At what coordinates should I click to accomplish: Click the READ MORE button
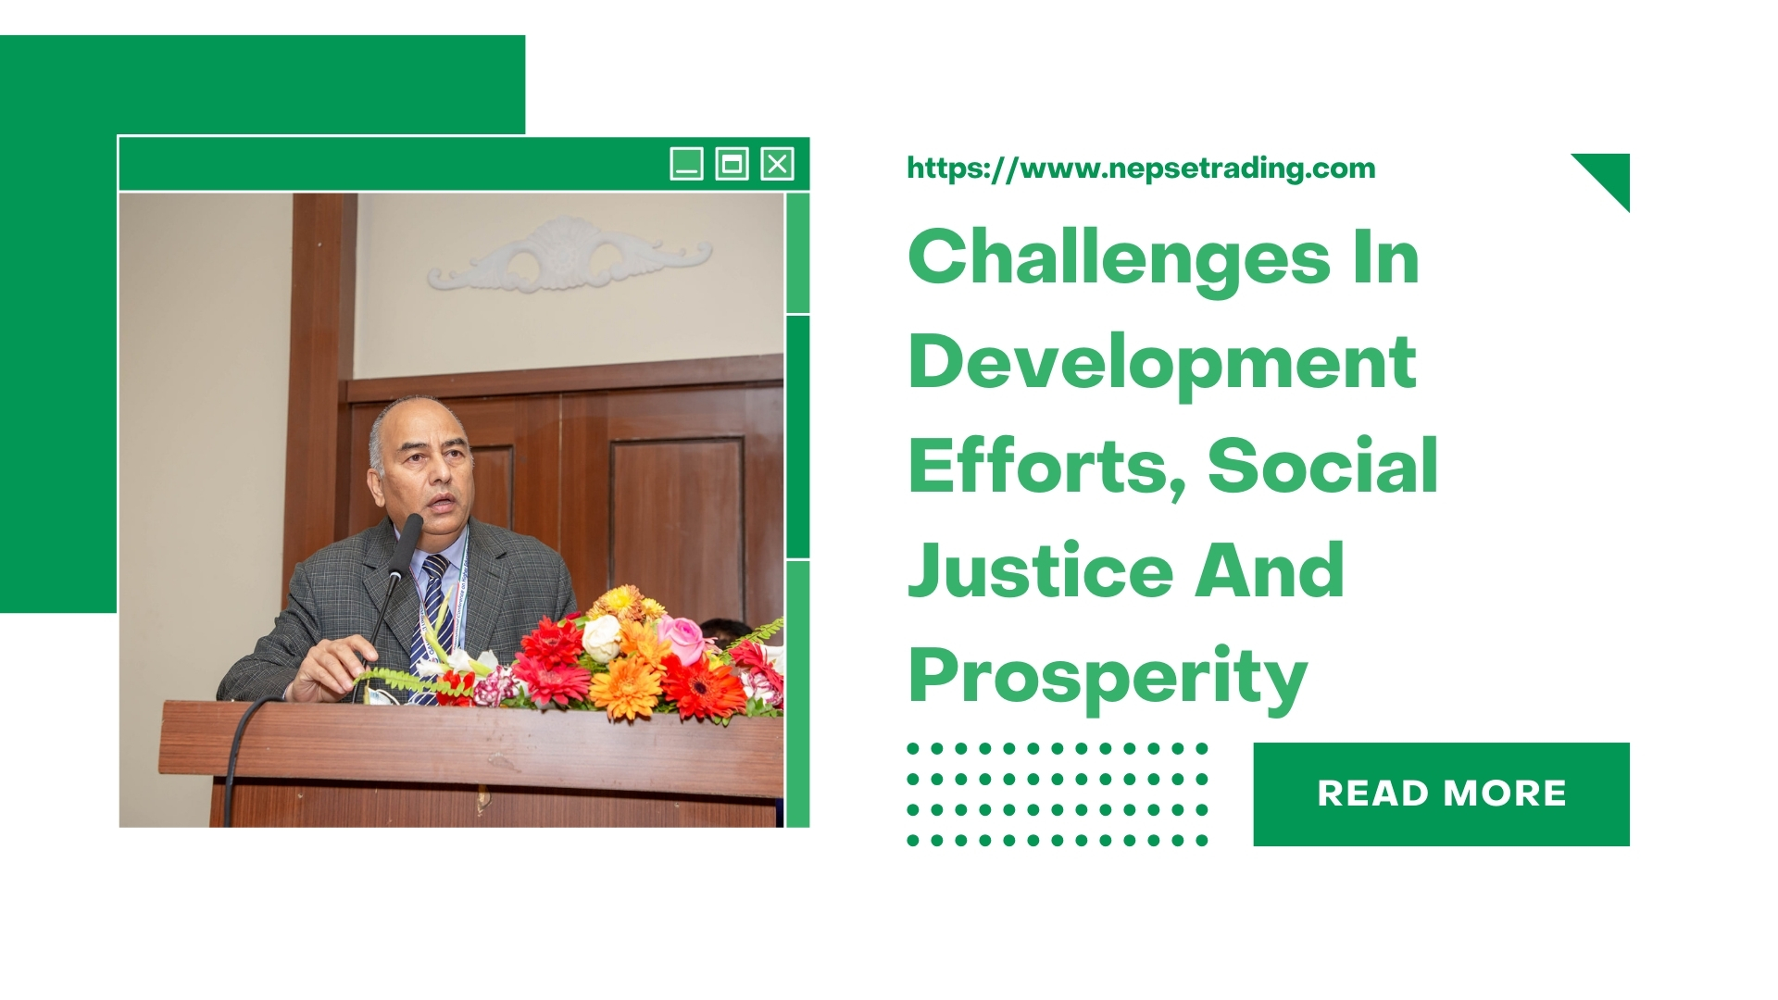pyautogui.click(x=1441, y=794)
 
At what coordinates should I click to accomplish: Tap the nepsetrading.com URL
pyautogui.click(x=1141, y=169)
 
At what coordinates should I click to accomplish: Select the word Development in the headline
pyautogui.click(x=1162, y=363)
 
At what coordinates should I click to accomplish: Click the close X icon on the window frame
pyautogui.click(x=777, y=164)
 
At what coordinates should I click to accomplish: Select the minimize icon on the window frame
pyautogui.click(x=686, y=164)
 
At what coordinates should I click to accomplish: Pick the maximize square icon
pyautogui.click(x=732, y=164)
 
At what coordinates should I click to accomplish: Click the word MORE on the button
pyautogui.click(x=1504, y=794)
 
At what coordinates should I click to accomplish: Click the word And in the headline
pyautogui.click(x=1270, y=571)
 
